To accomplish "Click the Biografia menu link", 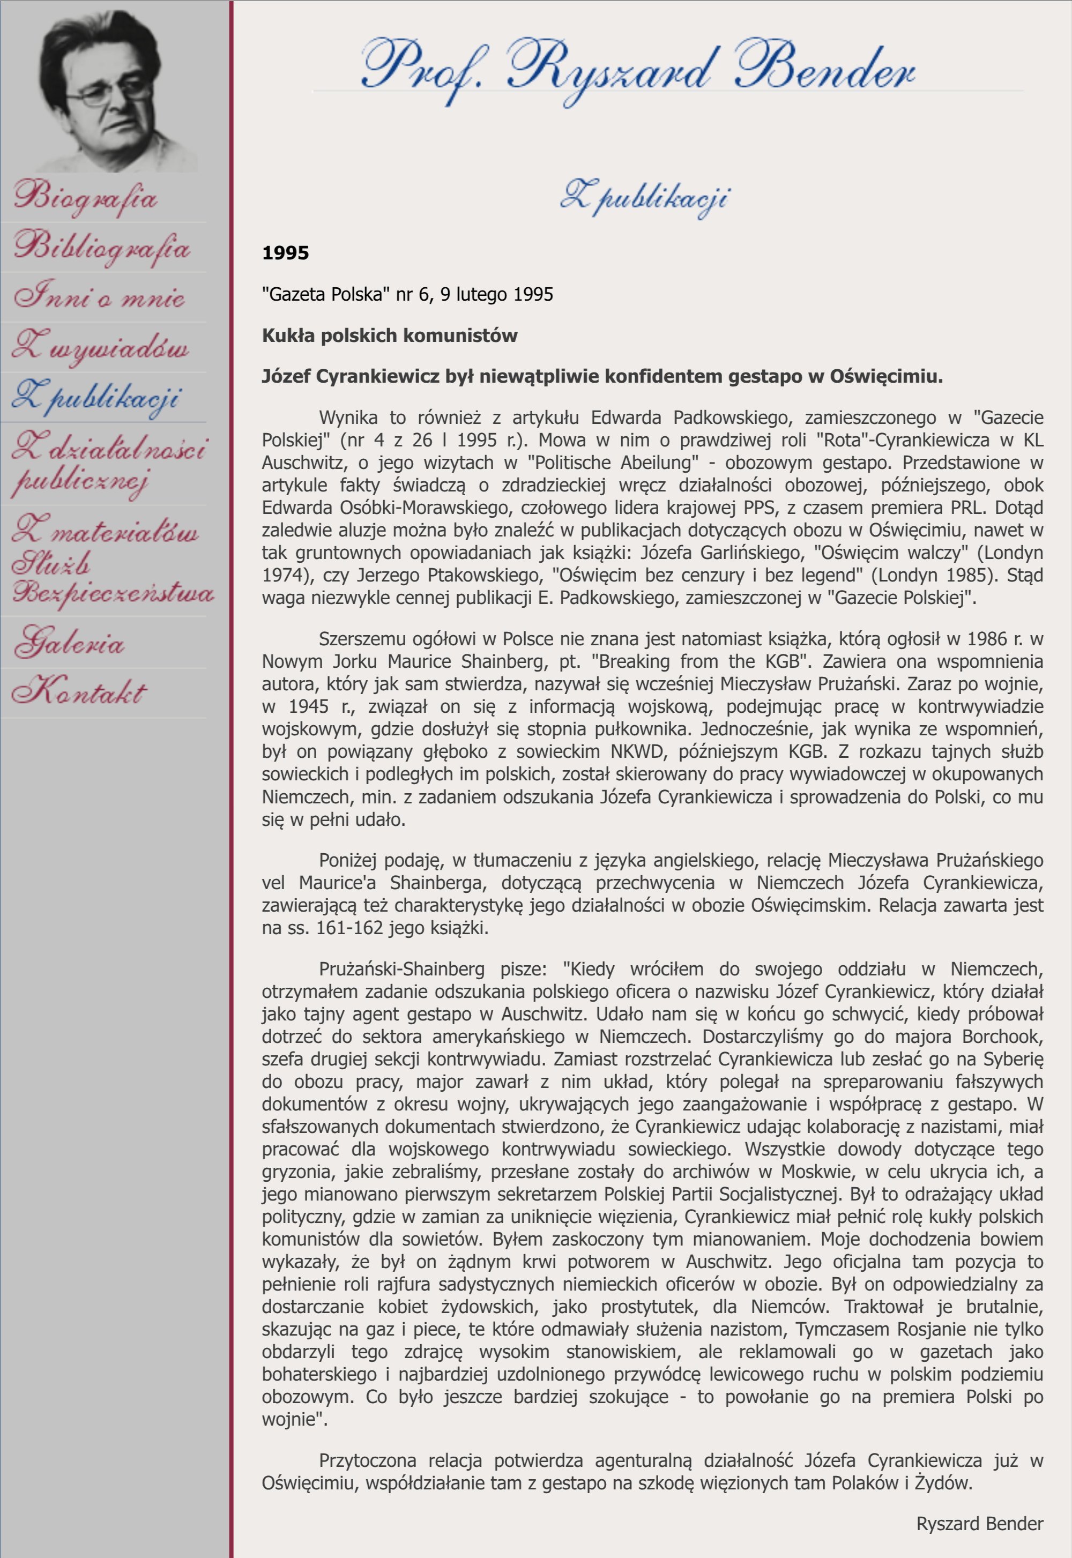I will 86,197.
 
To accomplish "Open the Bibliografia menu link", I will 102,247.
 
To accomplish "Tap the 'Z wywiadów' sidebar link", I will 101,347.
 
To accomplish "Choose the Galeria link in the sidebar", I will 70,642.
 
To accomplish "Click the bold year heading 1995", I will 286,253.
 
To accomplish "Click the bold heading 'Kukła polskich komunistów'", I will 390,336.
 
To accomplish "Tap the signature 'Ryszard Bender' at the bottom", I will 979,1524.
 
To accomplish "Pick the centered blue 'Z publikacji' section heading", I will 645,197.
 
